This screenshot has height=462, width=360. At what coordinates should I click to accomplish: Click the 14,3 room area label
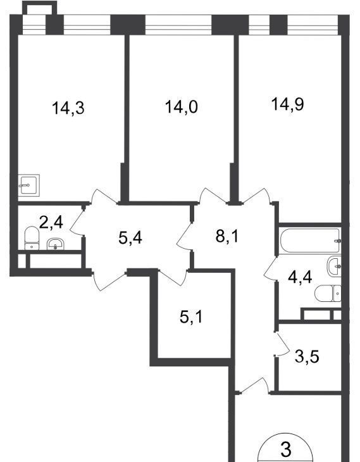tap(68, 108)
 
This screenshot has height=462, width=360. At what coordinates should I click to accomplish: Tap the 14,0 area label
tap(181, 107)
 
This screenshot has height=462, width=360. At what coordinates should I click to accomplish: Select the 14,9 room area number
tap(287, 104)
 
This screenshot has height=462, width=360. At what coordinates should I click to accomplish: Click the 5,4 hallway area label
tap(130, 237)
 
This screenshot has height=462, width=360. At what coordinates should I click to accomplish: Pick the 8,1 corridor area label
tap(227, 235)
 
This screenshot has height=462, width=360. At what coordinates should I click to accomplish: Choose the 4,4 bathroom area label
tap(300, 277)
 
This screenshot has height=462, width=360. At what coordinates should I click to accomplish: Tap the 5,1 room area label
tap(191, 317)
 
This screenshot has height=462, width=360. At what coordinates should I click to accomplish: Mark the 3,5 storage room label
tap(307, 357)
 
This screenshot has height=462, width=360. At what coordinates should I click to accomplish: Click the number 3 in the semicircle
tap(286, 449)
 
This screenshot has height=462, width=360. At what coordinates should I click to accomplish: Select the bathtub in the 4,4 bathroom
tap(310, 240)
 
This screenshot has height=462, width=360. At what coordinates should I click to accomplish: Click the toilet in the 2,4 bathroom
tap(32, 238)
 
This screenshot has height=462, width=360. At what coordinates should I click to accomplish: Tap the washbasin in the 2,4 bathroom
tap(55, 244)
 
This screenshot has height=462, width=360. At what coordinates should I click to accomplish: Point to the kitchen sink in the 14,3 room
tap(28, 185)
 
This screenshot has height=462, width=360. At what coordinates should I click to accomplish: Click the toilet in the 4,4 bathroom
tap(328, 293)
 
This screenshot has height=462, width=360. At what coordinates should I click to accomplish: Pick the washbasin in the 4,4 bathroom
tap(334, 266)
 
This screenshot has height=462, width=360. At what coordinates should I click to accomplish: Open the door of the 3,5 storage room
tap(282, 343)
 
